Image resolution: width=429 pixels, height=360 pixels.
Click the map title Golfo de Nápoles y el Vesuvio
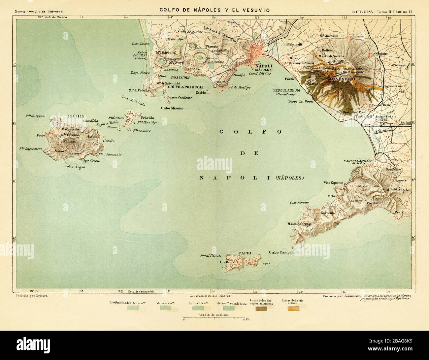(214, 10)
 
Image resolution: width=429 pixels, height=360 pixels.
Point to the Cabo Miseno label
(172, 108)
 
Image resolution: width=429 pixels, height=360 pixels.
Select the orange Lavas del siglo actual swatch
(293, 309)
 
